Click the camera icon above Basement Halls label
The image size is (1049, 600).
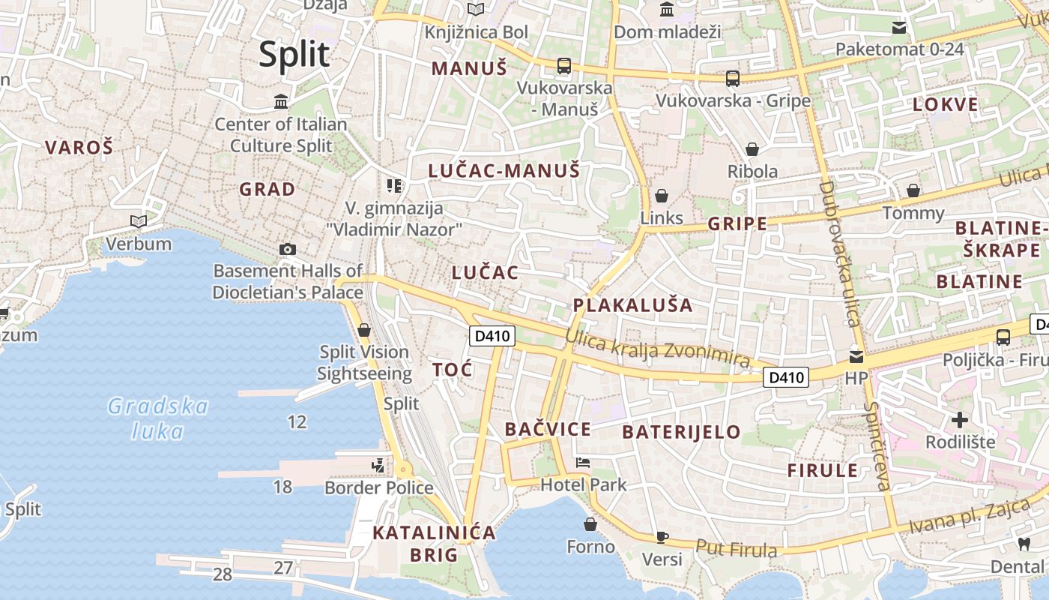click(287, 249)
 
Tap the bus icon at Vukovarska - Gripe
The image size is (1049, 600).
click(733, 78)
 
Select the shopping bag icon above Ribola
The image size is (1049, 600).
click(752, 149)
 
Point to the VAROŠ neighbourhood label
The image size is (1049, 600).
click(79, 148)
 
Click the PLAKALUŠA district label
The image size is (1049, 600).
click(632, 305)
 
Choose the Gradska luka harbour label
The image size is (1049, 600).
click(158, 418)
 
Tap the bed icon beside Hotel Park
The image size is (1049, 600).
click(583, 462)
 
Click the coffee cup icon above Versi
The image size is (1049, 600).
click(662, 537)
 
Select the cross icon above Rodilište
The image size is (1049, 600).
click(960, 419)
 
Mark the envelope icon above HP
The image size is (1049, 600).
click(856, 356)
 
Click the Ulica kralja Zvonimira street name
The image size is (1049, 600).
click(657, 349)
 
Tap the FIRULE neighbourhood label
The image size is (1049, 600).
click(822, 470)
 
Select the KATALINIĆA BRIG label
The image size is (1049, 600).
click(435, 544)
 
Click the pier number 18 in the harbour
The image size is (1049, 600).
click(282, 487)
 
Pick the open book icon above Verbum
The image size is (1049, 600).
click(139, 221)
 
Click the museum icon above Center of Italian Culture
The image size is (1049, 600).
click(281, 101)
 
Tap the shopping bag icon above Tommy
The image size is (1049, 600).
click(913, 190)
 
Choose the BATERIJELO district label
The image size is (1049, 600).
click(681, 431)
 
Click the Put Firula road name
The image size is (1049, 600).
click(737, 548)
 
